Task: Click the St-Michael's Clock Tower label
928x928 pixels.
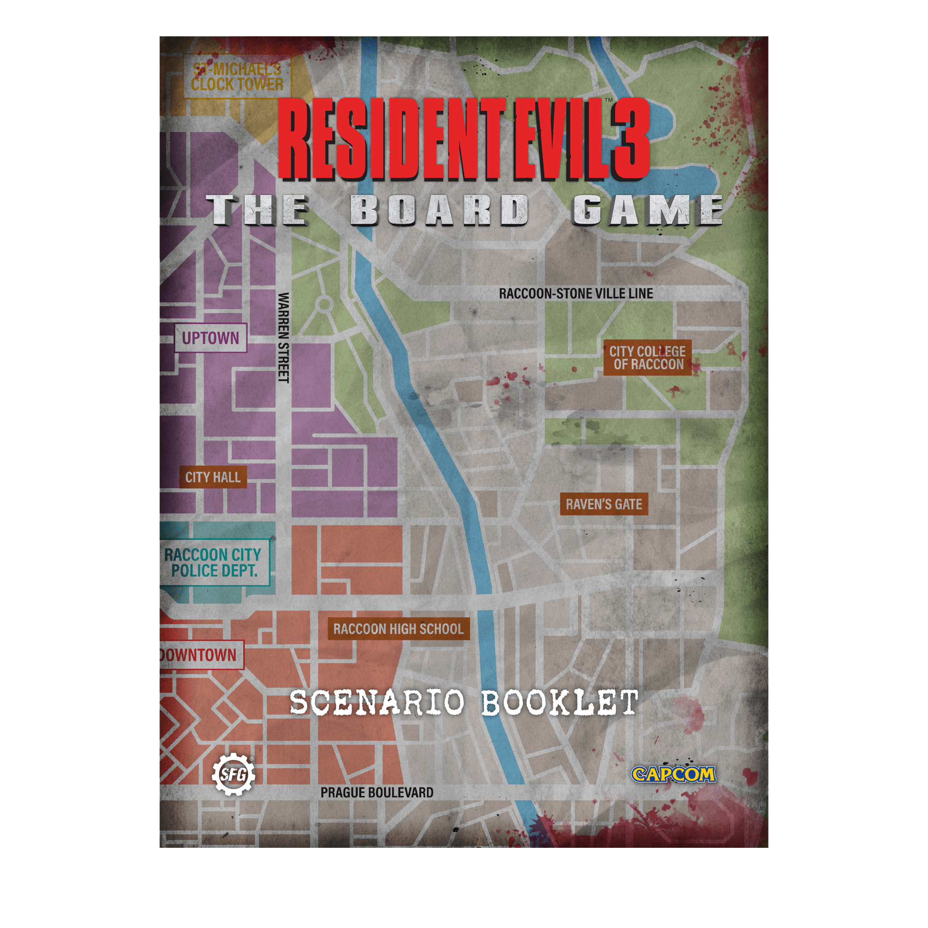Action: (237, 77)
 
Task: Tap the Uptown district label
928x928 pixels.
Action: (210, 338)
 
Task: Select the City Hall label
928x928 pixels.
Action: (213, 477)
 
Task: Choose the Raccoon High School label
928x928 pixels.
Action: (398, 629)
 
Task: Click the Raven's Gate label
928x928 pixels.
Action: (603, 504)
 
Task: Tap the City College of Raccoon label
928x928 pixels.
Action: (648, 358)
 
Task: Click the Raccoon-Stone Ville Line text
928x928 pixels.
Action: (576, 294)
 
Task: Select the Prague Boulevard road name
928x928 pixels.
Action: (377, 793)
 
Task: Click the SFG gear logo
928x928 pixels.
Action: (233, 774)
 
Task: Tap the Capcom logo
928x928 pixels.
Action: (673, 774)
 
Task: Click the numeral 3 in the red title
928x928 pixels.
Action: (630, 142)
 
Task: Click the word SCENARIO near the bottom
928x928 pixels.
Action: (377, 702)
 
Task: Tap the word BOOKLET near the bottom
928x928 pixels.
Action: (560, 702)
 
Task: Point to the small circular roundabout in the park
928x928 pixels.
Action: (324, 304)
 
